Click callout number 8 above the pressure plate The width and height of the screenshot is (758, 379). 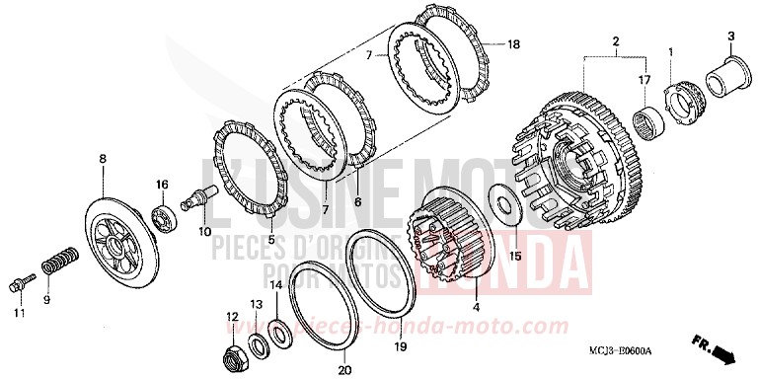(x=102, y=157)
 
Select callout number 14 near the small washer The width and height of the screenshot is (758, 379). (x=277, y=284)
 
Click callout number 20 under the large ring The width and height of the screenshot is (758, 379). (x=342, y=371)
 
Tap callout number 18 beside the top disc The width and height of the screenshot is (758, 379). (x=512, y=45)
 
